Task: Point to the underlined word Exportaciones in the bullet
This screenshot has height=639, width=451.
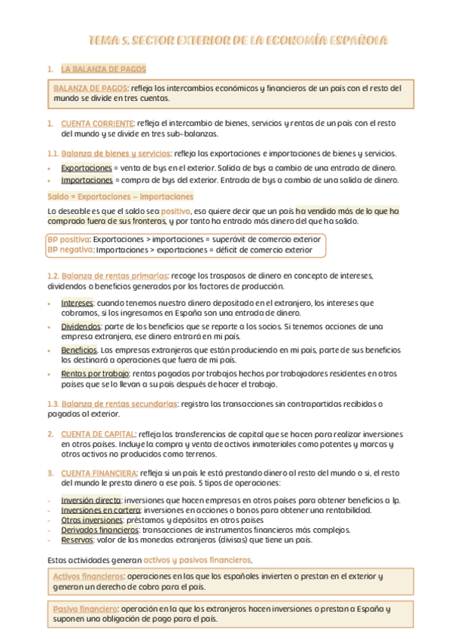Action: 87,167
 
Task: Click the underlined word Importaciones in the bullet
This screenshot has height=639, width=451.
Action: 87,180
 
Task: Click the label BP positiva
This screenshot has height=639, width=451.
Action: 69,239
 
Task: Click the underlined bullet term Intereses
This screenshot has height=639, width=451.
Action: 78,302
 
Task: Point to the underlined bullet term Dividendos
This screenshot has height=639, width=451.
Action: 81,326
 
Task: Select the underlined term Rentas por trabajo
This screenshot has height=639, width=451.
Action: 95,373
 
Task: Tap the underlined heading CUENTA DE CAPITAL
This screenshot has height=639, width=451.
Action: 98,434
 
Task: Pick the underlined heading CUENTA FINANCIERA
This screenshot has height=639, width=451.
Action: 99,472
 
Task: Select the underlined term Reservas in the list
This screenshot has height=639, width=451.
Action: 77,540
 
